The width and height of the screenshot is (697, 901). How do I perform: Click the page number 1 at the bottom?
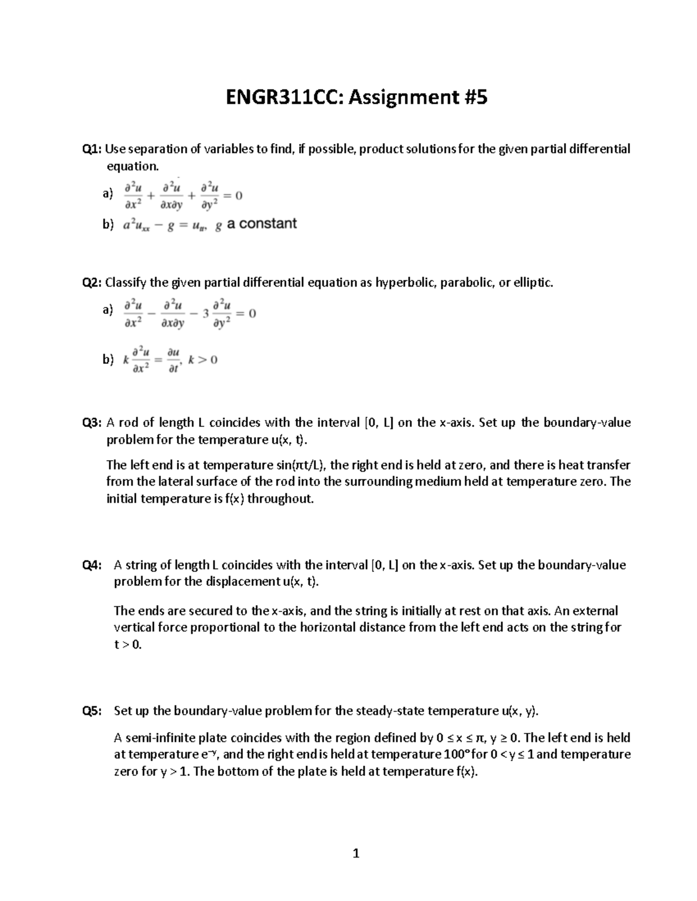356,853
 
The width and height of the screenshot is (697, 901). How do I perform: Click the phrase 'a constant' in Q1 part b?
262,224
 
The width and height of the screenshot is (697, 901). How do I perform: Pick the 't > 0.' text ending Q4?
128,645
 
